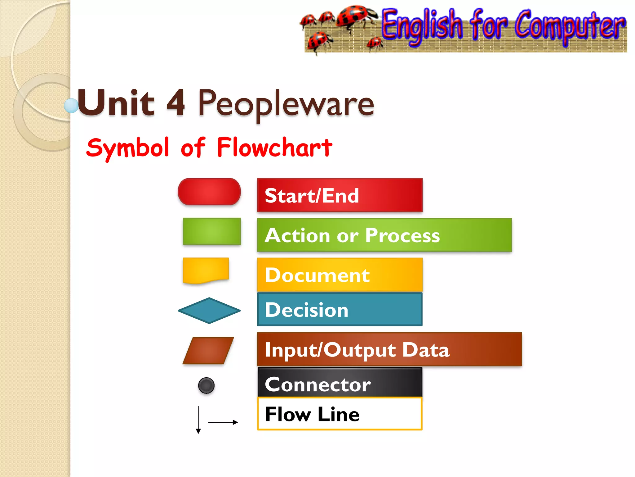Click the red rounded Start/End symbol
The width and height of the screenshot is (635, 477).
pos(209,192)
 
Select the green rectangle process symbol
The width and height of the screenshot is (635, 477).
pos(212,231)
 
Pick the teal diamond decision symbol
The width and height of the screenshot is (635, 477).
pos(209,311)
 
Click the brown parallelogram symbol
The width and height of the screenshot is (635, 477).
pos(208,351)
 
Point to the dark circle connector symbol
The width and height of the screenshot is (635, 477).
pos(206,385)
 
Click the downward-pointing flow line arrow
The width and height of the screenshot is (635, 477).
pos(198,420)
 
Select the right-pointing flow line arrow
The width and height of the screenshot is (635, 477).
pos(223,422)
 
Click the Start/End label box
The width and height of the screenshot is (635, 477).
pos(340,195)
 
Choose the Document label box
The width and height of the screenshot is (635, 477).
pos(340,275)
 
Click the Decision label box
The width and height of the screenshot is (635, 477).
pos(340,310)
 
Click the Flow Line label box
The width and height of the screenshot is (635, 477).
pos(340,414)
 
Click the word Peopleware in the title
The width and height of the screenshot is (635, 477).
pos(286,104)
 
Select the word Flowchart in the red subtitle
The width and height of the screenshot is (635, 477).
pos(274,148)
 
